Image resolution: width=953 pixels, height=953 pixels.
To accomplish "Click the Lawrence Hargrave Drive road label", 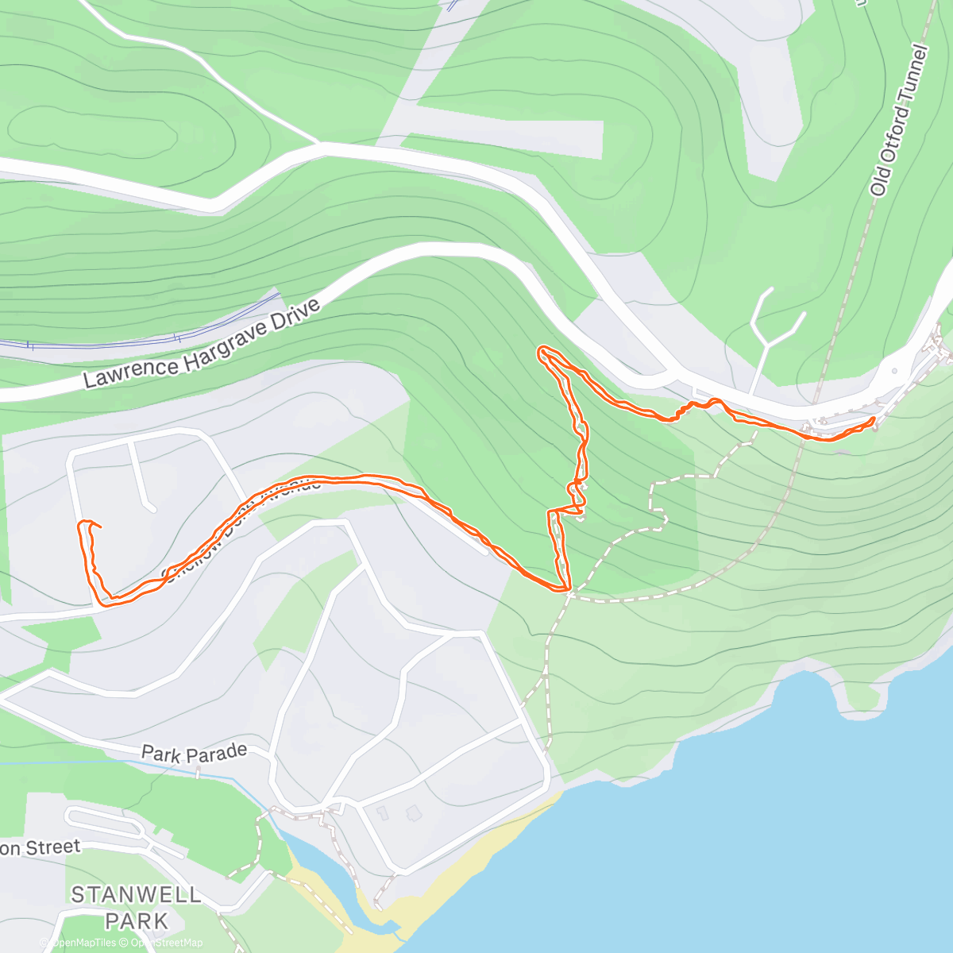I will tap(202, 344).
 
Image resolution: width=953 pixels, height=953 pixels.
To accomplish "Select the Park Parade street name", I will tap(194, 752).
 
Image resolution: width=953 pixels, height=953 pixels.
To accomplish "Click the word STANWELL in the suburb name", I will tap(136, 895).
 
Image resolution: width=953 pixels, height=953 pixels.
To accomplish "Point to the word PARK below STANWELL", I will tap(137, 921).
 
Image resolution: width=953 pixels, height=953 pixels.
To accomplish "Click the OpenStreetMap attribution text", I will tap(167, 943).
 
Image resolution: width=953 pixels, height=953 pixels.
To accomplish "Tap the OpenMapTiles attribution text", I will tap(83, 943).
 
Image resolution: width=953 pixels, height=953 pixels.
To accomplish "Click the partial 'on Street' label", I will tap(40, 847).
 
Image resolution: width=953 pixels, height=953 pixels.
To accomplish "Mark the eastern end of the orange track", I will tap(874, 419).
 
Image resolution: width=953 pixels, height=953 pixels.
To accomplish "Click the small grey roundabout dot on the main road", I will tap(895, 370).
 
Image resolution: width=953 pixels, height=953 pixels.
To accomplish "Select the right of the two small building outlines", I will tap(412, 812).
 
